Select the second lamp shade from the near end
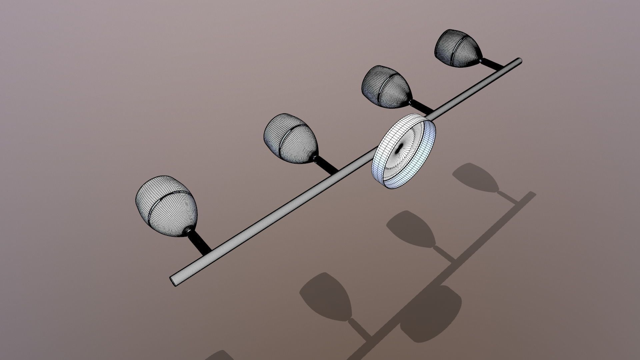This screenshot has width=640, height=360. (290, 138)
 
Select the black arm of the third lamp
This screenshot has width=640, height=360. (422, 106)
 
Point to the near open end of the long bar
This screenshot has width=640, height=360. (174, 281)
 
